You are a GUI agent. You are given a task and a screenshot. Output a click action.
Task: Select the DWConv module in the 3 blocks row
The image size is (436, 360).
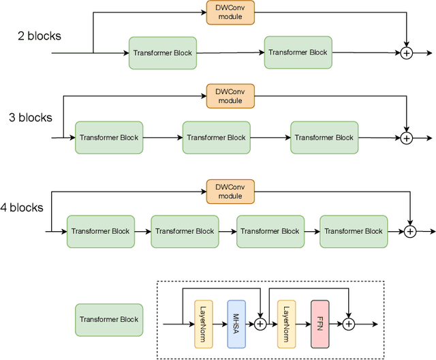point(230,95)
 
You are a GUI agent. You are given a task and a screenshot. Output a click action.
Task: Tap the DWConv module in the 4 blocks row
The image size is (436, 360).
point(230,191)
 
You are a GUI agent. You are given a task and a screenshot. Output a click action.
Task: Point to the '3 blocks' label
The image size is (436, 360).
point(30,117)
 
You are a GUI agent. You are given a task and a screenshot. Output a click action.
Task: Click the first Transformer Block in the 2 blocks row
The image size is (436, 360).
point(163,52)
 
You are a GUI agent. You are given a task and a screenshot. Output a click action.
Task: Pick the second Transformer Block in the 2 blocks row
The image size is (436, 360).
point(298,52)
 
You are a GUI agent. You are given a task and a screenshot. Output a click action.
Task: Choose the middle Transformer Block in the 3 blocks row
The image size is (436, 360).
point(216,138)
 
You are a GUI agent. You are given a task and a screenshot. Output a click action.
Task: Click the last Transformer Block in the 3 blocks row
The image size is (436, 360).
point(324,138)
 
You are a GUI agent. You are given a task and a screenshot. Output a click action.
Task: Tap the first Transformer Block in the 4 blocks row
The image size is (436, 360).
point(100,231)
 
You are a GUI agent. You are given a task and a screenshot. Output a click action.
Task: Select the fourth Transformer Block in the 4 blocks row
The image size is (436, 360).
point(354,231)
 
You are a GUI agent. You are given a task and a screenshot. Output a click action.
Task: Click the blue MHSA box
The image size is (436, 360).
point(236,324)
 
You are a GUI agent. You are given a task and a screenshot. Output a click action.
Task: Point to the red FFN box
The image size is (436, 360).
point(320,324)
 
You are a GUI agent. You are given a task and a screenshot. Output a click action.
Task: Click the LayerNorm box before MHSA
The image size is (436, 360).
point(204,324)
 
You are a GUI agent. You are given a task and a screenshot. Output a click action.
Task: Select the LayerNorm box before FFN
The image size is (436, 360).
point(287,324)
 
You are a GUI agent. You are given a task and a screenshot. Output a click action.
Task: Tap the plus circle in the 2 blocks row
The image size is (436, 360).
point(406,52)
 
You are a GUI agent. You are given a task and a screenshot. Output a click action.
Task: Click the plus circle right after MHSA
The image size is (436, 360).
point(260,325)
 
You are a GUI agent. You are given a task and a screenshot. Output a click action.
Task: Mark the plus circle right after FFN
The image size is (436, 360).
point(348,325)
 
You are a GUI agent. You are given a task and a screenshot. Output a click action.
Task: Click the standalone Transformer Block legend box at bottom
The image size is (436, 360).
point(109,319)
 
